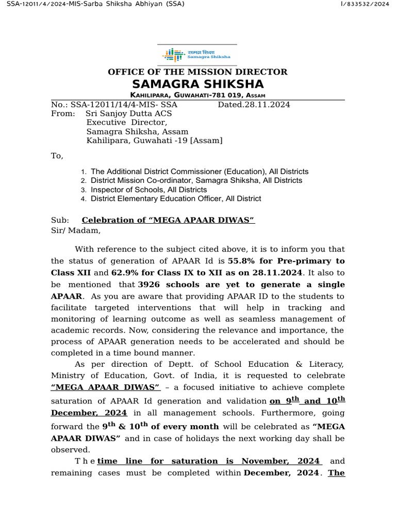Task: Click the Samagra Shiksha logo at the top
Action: point(196,54)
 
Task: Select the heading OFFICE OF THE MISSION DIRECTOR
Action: point(197,72)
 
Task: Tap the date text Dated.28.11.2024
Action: point(254,104)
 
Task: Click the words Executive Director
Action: point(126,122)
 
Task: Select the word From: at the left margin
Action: point(63,113)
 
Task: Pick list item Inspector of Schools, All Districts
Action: point(148,190)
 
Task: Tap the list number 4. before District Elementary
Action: point(84,199)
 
